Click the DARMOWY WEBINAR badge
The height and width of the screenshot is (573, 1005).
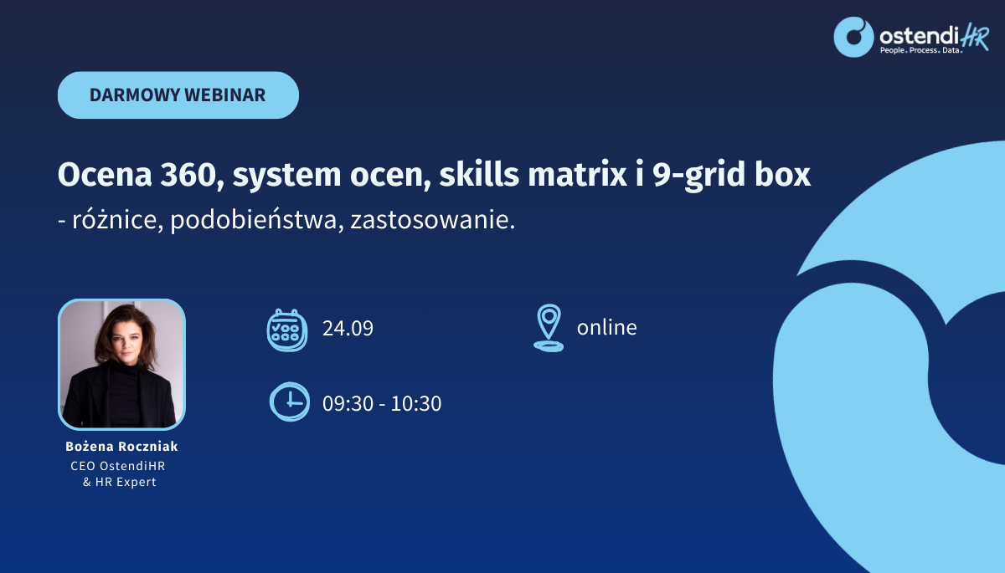click(178, 95)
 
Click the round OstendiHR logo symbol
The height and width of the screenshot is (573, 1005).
click(853, 37)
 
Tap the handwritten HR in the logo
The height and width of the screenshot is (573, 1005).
click(975, 37)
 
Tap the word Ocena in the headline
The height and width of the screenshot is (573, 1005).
click(105, 174)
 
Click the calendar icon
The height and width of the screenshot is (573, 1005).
click(287, 330)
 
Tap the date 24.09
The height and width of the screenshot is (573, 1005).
click(348, 329)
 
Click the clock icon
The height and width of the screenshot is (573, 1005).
click(290, 402)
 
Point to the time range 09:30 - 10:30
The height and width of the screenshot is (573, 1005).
click(382, 403)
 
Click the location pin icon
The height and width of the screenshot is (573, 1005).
click(549, 328)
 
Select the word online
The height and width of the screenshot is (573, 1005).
click(606, 327)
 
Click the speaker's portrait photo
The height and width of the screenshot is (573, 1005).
click(121, 364)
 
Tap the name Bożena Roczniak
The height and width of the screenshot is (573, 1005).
click(121, 446)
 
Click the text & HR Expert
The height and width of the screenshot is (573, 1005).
click(119, 482)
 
